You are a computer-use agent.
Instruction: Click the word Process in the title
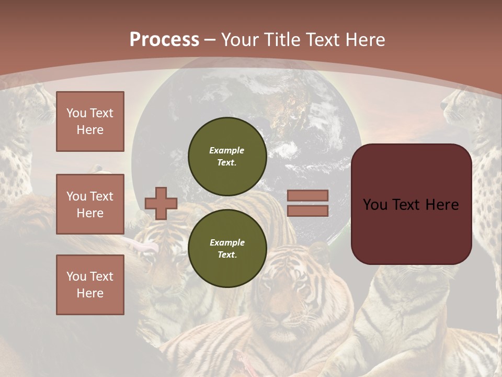pos(164,40)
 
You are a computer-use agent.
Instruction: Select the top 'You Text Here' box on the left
pos(90,121)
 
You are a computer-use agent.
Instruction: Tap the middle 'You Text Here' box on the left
pos(90,204)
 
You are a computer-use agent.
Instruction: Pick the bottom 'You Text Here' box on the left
pos(90,284)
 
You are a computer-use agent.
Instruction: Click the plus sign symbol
pos(161,203)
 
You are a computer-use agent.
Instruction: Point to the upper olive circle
pos(227,156)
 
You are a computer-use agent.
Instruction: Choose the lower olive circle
pos(227,248)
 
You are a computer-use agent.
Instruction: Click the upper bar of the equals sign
pos(307,195)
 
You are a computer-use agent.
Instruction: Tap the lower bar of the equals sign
pos(307,210)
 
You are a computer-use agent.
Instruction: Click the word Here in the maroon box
pos(441,205)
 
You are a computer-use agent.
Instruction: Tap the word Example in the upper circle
pos(226,150)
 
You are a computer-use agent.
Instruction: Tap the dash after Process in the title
pos(210,40)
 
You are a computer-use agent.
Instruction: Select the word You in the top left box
pos(76,113)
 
